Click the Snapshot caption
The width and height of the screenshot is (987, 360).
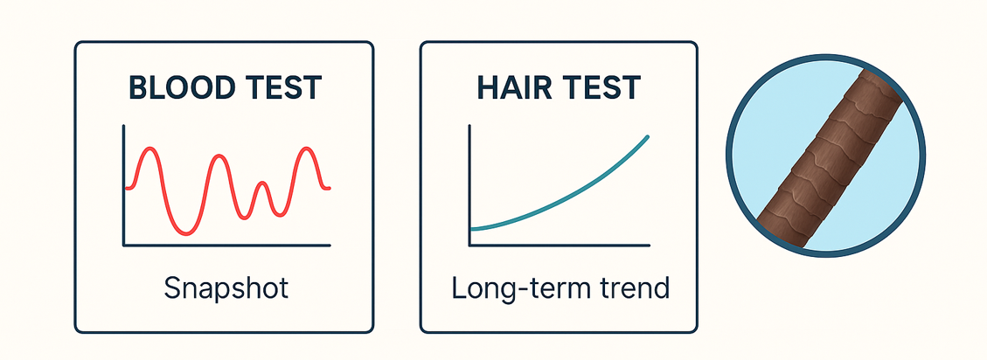click(x=226, y=288)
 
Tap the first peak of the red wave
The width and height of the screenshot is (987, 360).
click(x=149, y=149)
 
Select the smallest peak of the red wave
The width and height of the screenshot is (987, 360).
click(x=262, y=183)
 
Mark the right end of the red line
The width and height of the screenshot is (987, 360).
click(x=330, y=188)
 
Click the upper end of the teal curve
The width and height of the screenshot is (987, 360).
click(x=648, y=136)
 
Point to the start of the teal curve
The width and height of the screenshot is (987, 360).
click(x=471, y=230)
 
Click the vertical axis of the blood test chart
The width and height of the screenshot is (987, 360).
click(x=124, y=185)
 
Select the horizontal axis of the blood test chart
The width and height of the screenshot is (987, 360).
click(x=226, y=246)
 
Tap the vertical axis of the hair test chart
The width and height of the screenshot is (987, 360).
click(x=469, y=185)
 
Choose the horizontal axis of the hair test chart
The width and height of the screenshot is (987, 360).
click(x=560, y=246)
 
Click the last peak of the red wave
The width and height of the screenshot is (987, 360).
click(x=307, y=149)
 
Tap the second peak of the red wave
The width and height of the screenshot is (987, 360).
click(x=219, y=156)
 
